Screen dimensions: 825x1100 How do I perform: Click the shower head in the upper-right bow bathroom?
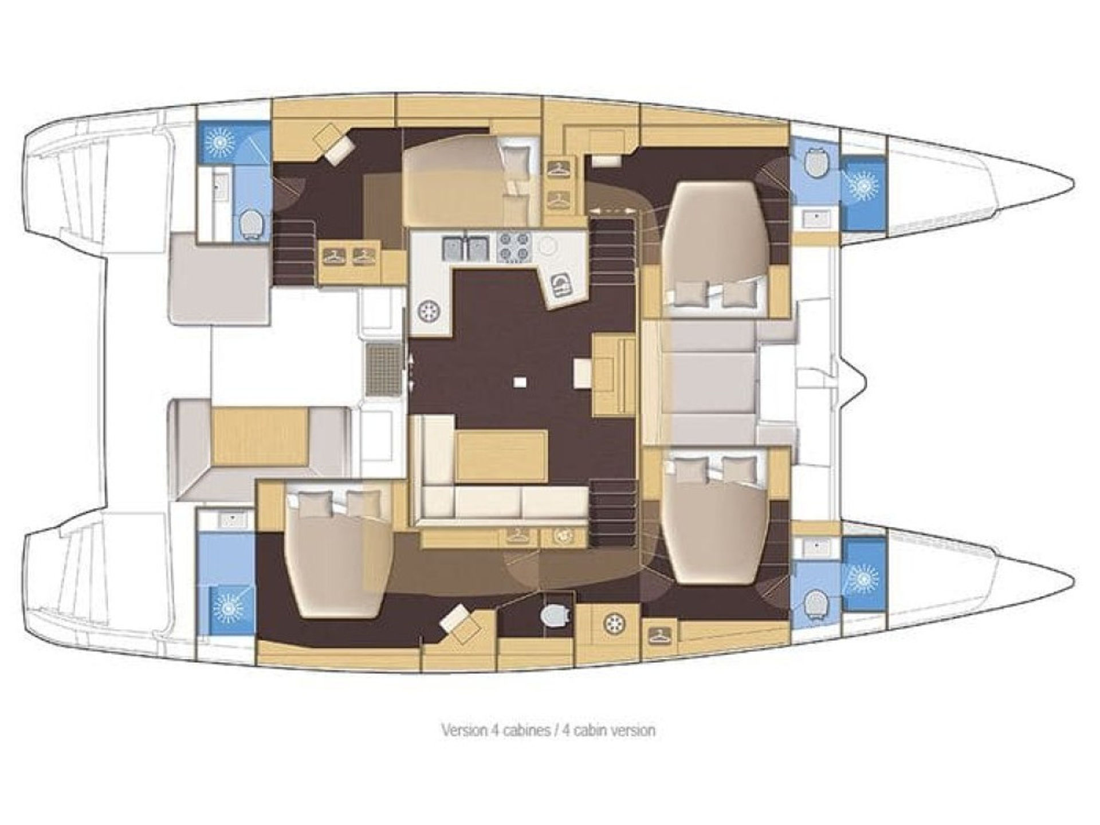click(x=863, y=185)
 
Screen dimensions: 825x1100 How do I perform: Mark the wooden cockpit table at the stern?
click(x=260, y=436)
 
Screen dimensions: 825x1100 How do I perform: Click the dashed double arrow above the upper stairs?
click(x=613, y=211)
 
